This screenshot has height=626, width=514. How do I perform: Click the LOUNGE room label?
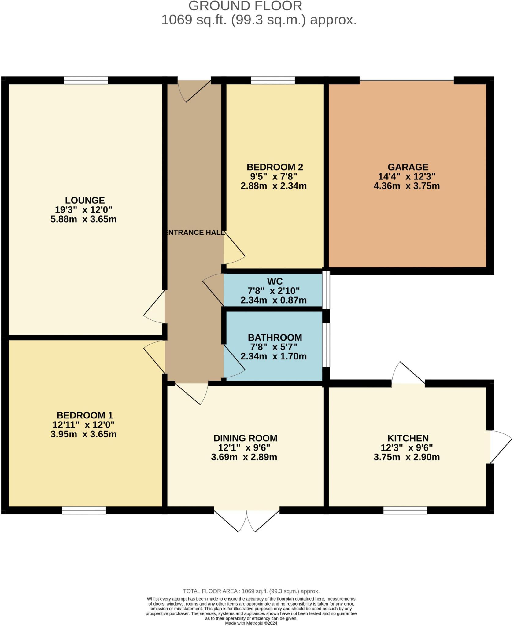(x=85, y=200)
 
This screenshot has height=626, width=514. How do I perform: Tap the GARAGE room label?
(x=408, y=167)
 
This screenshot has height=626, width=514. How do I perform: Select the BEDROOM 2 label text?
(x=275, y=167)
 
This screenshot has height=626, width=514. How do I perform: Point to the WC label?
(x=275, y=281)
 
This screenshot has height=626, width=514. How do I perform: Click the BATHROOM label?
(x=275, y=337)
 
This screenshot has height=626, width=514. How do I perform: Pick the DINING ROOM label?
(x=245, y=438)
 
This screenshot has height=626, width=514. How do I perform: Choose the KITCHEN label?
(x=408, y=438)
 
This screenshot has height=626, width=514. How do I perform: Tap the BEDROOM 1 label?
(x=85, y=415)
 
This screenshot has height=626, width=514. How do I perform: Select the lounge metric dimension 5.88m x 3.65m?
(x=83, y=219)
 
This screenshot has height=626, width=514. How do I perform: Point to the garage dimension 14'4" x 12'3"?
(x=407, y=176)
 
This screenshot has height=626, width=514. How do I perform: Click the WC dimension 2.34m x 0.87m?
(x=273, y=300)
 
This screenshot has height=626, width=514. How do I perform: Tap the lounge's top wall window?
(x=86, y=80)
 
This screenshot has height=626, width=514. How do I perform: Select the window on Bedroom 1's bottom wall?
(x=84, y=510)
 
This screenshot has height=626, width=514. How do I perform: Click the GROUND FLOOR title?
(x=245, y=6)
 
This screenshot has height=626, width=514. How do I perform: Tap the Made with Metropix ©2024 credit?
(x=251, y=623)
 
